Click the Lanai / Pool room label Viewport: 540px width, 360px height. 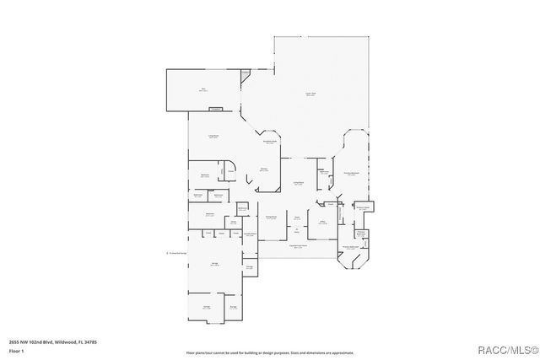tap(310, 94)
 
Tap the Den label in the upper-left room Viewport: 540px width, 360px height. tap(203, 89)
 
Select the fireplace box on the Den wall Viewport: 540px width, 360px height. tap(216, 108)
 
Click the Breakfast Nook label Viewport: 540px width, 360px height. tap(269, 142)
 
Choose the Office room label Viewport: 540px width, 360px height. tap(321, 223)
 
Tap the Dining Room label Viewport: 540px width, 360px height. tap(271, 218)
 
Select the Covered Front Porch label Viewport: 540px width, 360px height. tap(298, 247)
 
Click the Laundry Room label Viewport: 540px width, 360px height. tap(250, 234)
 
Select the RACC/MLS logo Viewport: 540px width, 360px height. tap(504, 349)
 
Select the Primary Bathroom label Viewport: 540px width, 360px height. tap(352, 248)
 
